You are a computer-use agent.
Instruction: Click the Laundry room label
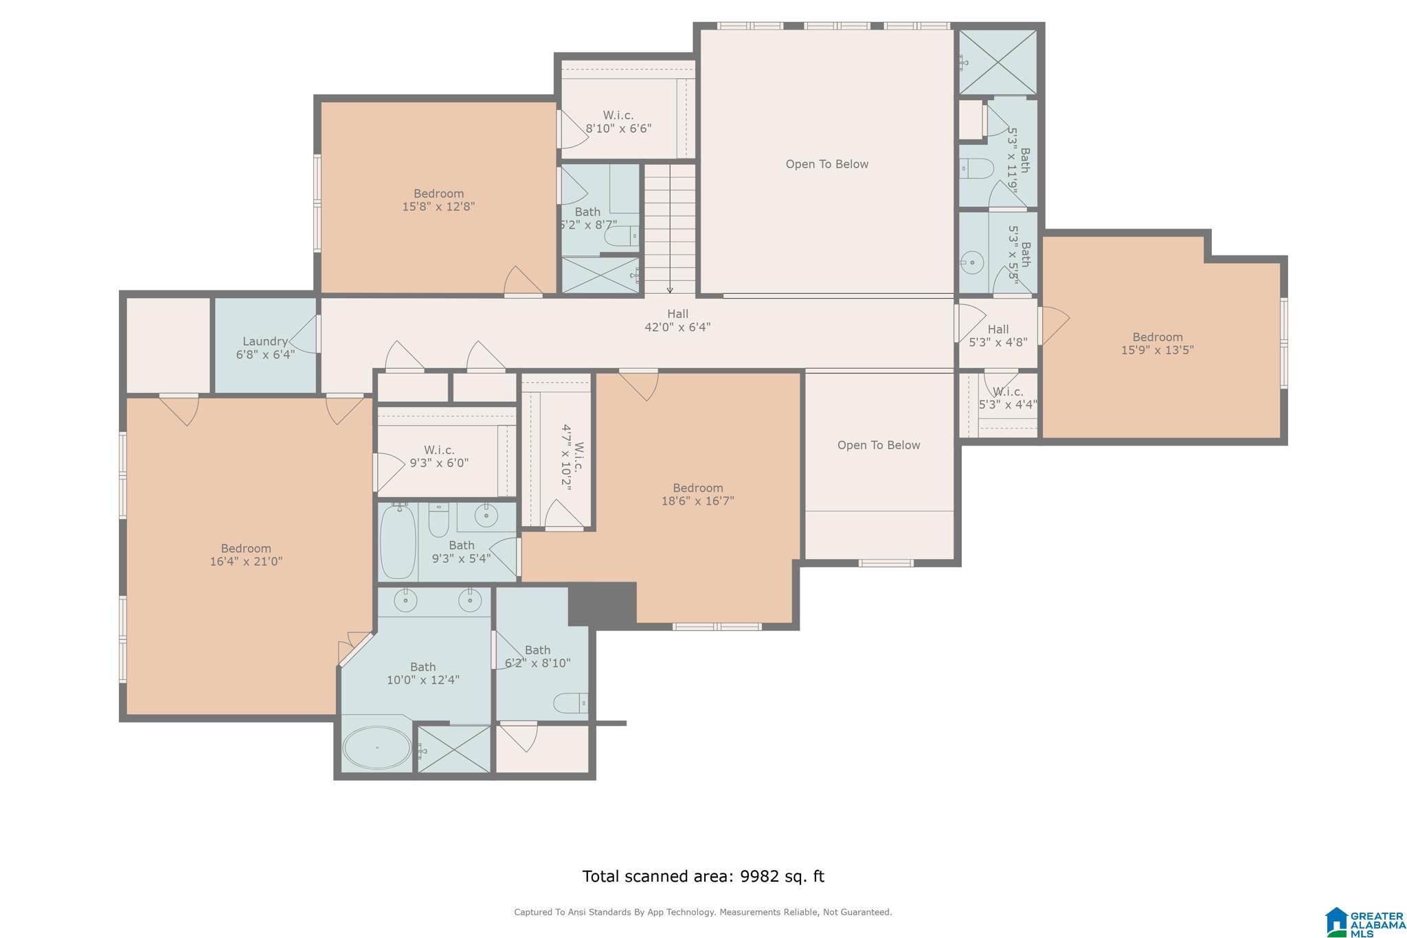coord(265,341)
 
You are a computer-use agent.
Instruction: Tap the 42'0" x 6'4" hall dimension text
coord(677,327)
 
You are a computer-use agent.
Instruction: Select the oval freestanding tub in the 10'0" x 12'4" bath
coord(377,748)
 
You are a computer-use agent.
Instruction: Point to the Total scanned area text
coord(703,876)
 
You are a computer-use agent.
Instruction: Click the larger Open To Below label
coord(827,164)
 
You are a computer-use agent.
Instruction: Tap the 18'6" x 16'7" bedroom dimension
coord(698,501)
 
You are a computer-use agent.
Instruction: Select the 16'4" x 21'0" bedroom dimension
coord(246,561)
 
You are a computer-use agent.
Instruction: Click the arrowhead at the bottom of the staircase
coord(670,290)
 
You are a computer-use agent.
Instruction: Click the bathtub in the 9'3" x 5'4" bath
coord(398,542)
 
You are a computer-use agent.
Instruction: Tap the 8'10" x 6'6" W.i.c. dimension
coord(618,128)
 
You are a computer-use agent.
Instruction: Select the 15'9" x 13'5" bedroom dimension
coord(1158,350)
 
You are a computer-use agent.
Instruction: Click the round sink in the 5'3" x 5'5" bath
coord(972,262)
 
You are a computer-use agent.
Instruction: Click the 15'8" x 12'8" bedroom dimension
coord(439,206)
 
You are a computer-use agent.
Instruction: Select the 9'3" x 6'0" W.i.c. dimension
coord(439,463)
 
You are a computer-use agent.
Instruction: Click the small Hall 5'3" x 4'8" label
coord(998,336)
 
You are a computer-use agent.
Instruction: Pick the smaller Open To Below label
coord(879,445)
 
